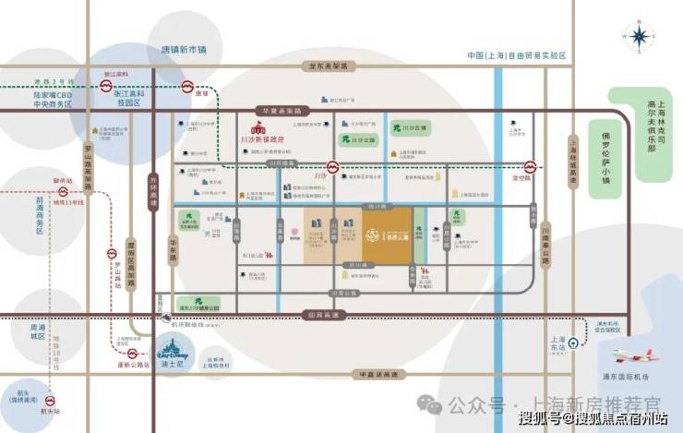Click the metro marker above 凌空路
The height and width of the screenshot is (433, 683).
(x=531, y=169)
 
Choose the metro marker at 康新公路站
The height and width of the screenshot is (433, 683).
(x=135, y=353)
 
